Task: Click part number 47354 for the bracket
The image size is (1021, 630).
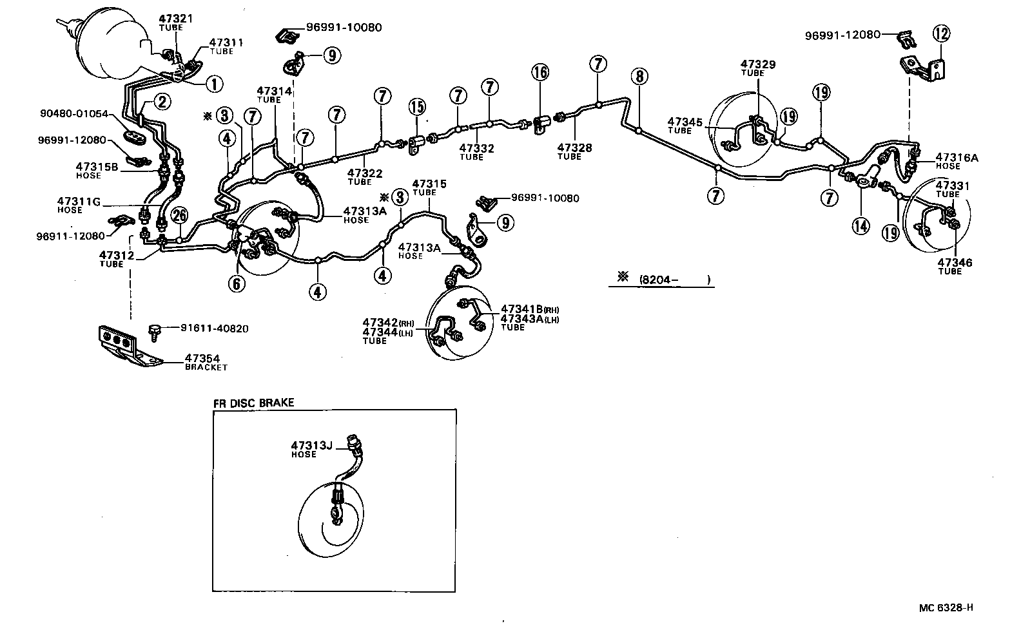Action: (x=199, y=358)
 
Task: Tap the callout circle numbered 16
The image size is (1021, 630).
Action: (x=540, y=72)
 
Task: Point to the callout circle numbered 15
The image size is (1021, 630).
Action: (x=417, y=106)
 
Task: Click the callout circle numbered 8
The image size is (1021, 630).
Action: (x=639, y=77)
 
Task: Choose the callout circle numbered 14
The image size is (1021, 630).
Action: (x=861, y=225)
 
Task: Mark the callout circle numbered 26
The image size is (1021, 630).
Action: (x=180, y=215)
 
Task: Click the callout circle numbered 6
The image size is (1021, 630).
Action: (x=238, y=283)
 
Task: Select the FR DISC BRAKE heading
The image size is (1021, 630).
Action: (x=253, y=403)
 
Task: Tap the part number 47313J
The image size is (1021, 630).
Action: (x=311, y=445)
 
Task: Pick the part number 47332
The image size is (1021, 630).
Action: (x=476, y=148)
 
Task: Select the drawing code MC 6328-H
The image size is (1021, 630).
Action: (x=946, y=607)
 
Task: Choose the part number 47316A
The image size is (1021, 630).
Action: (x=957, y=157)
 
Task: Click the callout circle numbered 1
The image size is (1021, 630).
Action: (x=214, y=83)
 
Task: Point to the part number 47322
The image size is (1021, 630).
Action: (x=364, y=173)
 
